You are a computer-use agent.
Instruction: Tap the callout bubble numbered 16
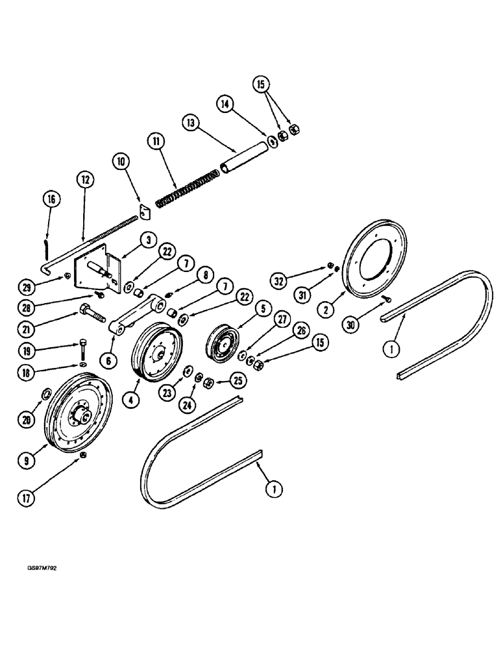[x=52, y=199]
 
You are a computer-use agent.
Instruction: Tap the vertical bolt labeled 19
[x=82, y=350]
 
